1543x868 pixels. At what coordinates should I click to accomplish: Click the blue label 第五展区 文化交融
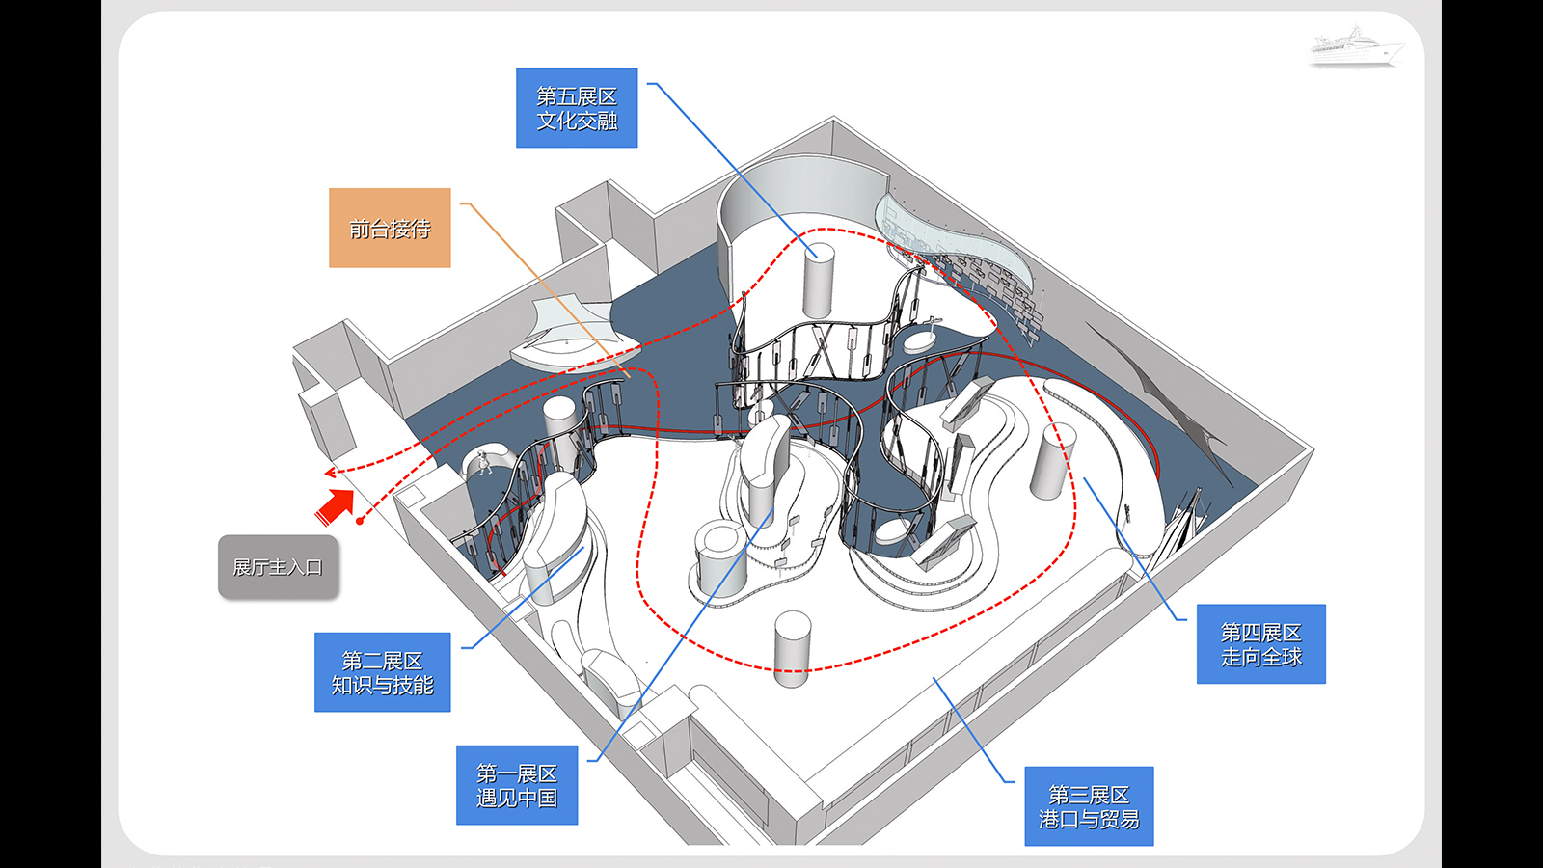(x=577, y=107)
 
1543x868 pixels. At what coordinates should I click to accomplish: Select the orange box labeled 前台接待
(x=390, y=228)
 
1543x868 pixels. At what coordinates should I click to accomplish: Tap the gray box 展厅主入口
(x=279, y=567)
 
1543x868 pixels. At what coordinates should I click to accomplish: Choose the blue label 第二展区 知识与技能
(x=382, y=671)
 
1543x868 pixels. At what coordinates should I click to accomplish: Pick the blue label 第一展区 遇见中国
(x=517, y=785)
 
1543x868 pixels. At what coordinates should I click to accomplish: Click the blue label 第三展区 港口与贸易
(x=1089, y=806)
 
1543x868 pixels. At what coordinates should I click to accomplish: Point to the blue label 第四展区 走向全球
(x=1261, y=643)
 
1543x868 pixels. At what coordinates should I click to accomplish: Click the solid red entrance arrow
(x=337, y=506)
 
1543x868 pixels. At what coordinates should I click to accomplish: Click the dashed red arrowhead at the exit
(x=331, y=473)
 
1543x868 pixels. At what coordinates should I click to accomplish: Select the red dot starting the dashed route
(x=360, y=522)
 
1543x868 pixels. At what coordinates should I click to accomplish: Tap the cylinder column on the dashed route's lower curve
(x=792, y=649)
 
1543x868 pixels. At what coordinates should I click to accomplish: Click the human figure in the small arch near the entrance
(x=484, y=462)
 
